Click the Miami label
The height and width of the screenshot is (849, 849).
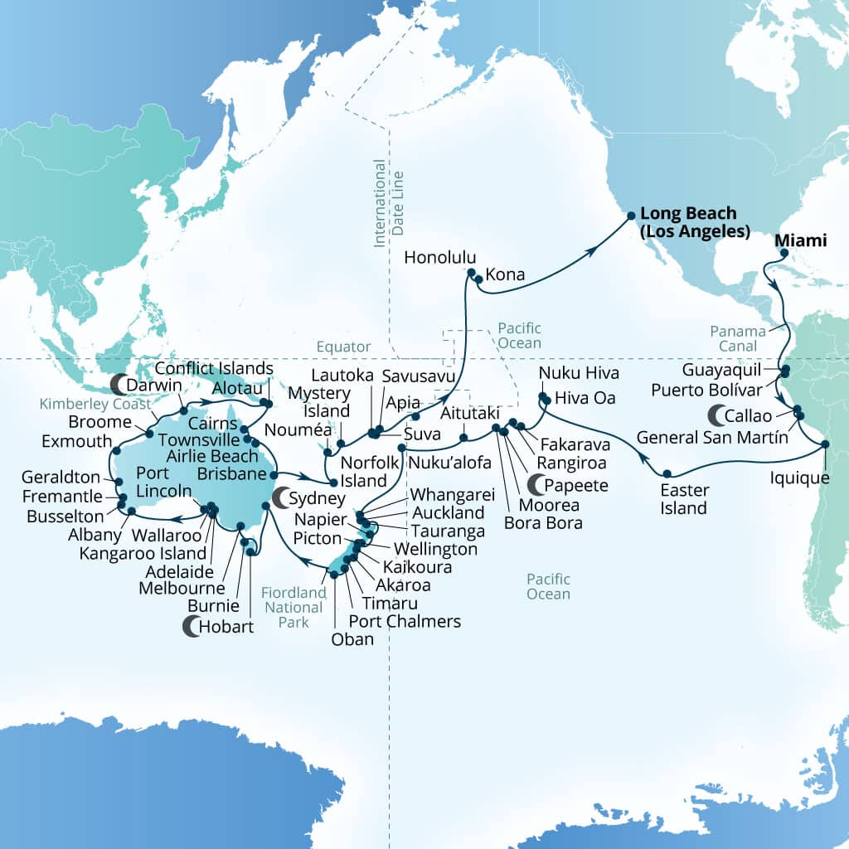[801, 240]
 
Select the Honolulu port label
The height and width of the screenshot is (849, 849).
[435, 258]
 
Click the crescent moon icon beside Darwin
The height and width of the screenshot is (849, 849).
[119, 383]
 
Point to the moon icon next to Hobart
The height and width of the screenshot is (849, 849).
[192, 628]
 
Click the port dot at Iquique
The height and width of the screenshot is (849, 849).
[825, 445]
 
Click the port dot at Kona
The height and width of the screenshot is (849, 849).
[478, 279]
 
